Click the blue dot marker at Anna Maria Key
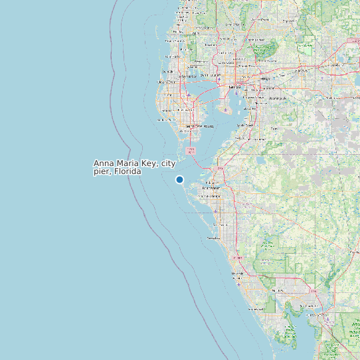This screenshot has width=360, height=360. pyautogui.click(x=179, y=179)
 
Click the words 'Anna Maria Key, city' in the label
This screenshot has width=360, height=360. pyautogui.click(x=134, y=163)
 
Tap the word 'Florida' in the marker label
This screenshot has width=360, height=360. pyautogui.click(x=128, y=171)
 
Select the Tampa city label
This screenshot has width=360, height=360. pyautogui.click(x=233, y=86)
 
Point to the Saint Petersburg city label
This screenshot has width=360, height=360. pyautogui.click(x=199, y=126)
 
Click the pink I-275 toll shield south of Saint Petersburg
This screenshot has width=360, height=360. pyautogui.click(x=191, y=151)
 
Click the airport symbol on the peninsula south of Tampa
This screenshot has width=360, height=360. pyautogui.click(x=226, y=110)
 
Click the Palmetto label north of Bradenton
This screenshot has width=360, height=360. pyautogui.click(x=214, y=181)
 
